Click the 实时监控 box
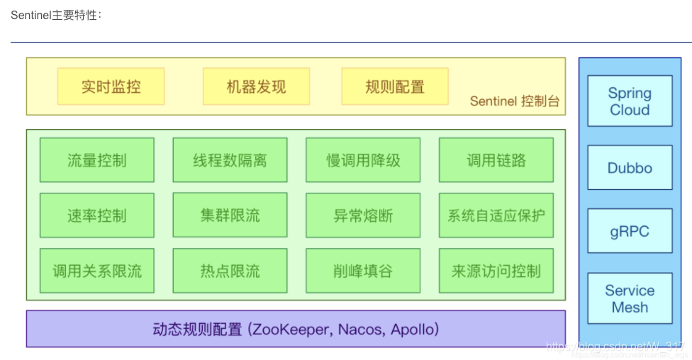coord(111,86)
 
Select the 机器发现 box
coord(256,86)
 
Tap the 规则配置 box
coord(395,86)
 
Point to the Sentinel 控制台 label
coord(514,101)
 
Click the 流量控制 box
coord(96,160)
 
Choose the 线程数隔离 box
coord(230,160)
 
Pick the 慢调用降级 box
coord(363,160)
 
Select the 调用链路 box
coord(496,160)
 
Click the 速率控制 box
coord(96,215)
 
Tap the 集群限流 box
coord(230,215)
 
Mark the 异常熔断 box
coord(363,215)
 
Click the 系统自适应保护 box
coord(496,215)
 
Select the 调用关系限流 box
coord(96,271)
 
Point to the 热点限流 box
coord(230,271)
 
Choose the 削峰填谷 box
coord(363,271)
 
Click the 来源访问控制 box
coord(496,271)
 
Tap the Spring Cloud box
coord(630,101)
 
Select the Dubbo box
coord(630,168)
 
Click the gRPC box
coord(630,231)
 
